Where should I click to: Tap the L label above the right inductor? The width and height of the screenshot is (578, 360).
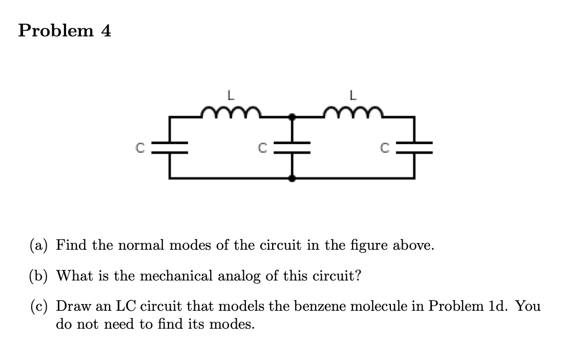point(353,95)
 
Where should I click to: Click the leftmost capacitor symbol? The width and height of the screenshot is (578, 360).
point(171,148)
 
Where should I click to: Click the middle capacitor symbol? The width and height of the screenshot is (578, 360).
point(293,148)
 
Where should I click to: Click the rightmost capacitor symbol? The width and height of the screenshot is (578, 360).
point(415,148)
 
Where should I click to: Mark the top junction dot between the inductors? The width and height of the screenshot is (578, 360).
point(293,117)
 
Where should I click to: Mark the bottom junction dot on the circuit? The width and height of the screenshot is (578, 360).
point(293,178)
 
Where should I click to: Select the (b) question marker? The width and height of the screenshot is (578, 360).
point(39,276)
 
